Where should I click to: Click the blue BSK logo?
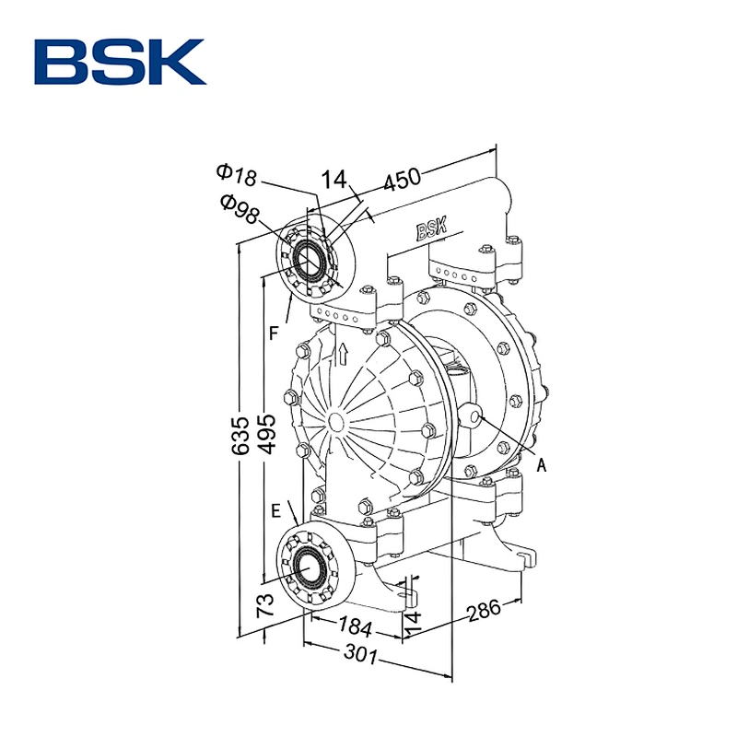click(x=121, y=62)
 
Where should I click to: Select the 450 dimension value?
click(x=402, y=179)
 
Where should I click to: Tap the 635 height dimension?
click(x=240, y=435)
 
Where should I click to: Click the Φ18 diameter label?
click(x=237, y=175)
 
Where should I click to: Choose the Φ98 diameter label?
click(x=240, y=209)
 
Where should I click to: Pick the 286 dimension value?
click(x=485, y=610)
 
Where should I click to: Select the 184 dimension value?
click(x=355, y=626)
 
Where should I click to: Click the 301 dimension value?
click(x=360, y=654)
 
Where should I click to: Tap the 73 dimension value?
click(x=265, y=604)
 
